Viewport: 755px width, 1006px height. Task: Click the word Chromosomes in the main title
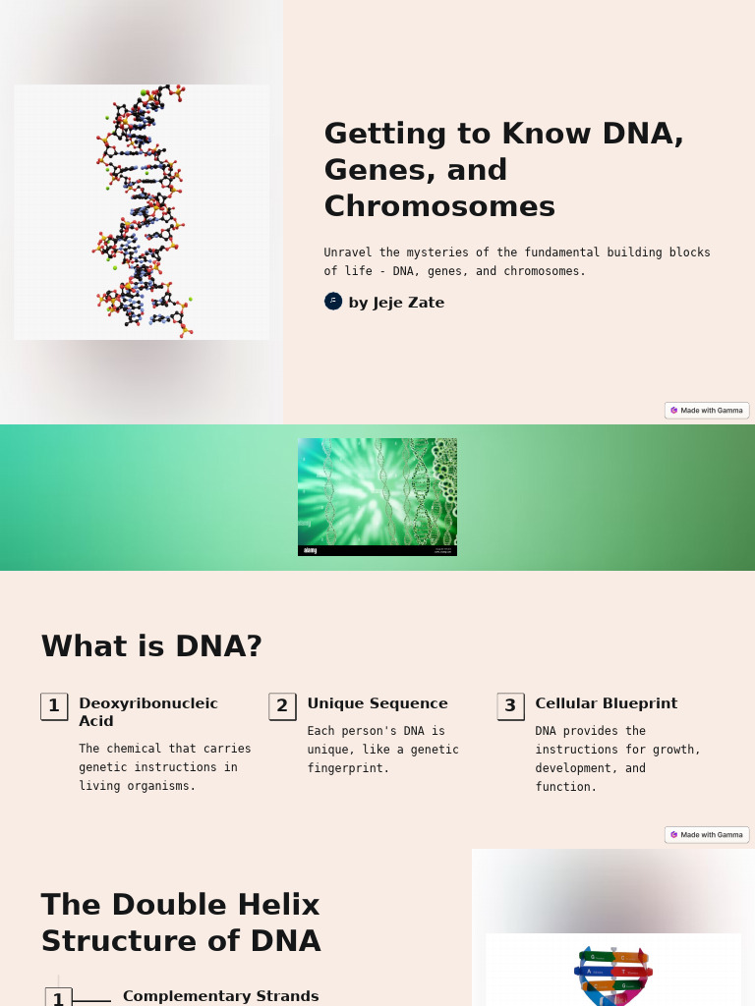(x=439, y=206)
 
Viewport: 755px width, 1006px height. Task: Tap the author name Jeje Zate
(x=396, y=303)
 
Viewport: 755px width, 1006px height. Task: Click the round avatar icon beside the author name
(x=333, y=302)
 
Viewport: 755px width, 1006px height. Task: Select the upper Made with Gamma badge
(x=707, y=411)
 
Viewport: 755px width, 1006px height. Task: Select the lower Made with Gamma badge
(x=707, y=835)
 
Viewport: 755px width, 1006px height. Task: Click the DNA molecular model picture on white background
(x=142, y=212)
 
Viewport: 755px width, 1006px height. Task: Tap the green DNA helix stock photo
(x=377, y=496)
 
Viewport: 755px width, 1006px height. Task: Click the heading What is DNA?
(x=151, y=646)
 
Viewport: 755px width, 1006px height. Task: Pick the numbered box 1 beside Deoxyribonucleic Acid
(x=54, y=706)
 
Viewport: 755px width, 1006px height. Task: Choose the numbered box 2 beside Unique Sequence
(x=282, y=706)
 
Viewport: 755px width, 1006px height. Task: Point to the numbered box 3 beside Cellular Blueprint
(x=510, y=706)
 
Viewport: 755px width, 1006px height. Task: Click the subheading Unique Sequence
(x=377, y=703)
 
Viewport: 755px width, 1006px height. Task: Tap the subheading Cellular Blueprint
(x=606, y=703)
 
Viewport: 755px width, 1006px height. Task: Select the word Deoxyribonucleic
(x=148, y=703)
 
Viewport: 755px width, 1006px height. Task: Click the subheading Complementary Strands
(x=220, y=996)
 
